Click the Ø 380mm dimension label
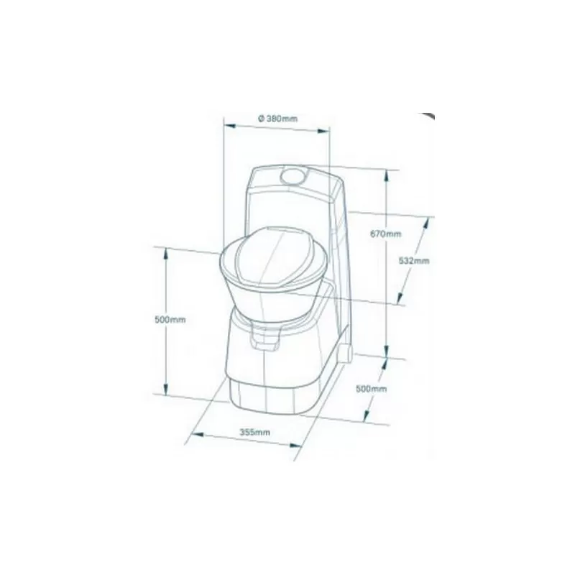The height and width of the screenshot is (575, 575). click(x=277, y=118)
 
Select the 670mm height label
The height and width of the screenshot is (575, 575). click(x=387, y=234)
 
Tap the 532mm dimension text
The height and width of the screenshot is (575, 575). click(x=413, y=261)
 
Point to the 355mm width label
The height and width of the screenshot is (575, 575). click(x=254, y=432)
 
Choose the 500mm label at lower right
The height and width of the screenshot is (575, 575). click(x=372, y=388)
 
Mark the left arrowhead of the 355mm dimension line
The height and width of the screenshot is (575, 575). click(x=192, y=433)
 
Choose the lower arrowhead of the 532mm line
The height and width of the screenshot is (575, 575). click(x=396, y=300)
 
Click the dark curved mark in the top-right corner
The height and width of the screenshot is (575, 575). click(x=428, y=117)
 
